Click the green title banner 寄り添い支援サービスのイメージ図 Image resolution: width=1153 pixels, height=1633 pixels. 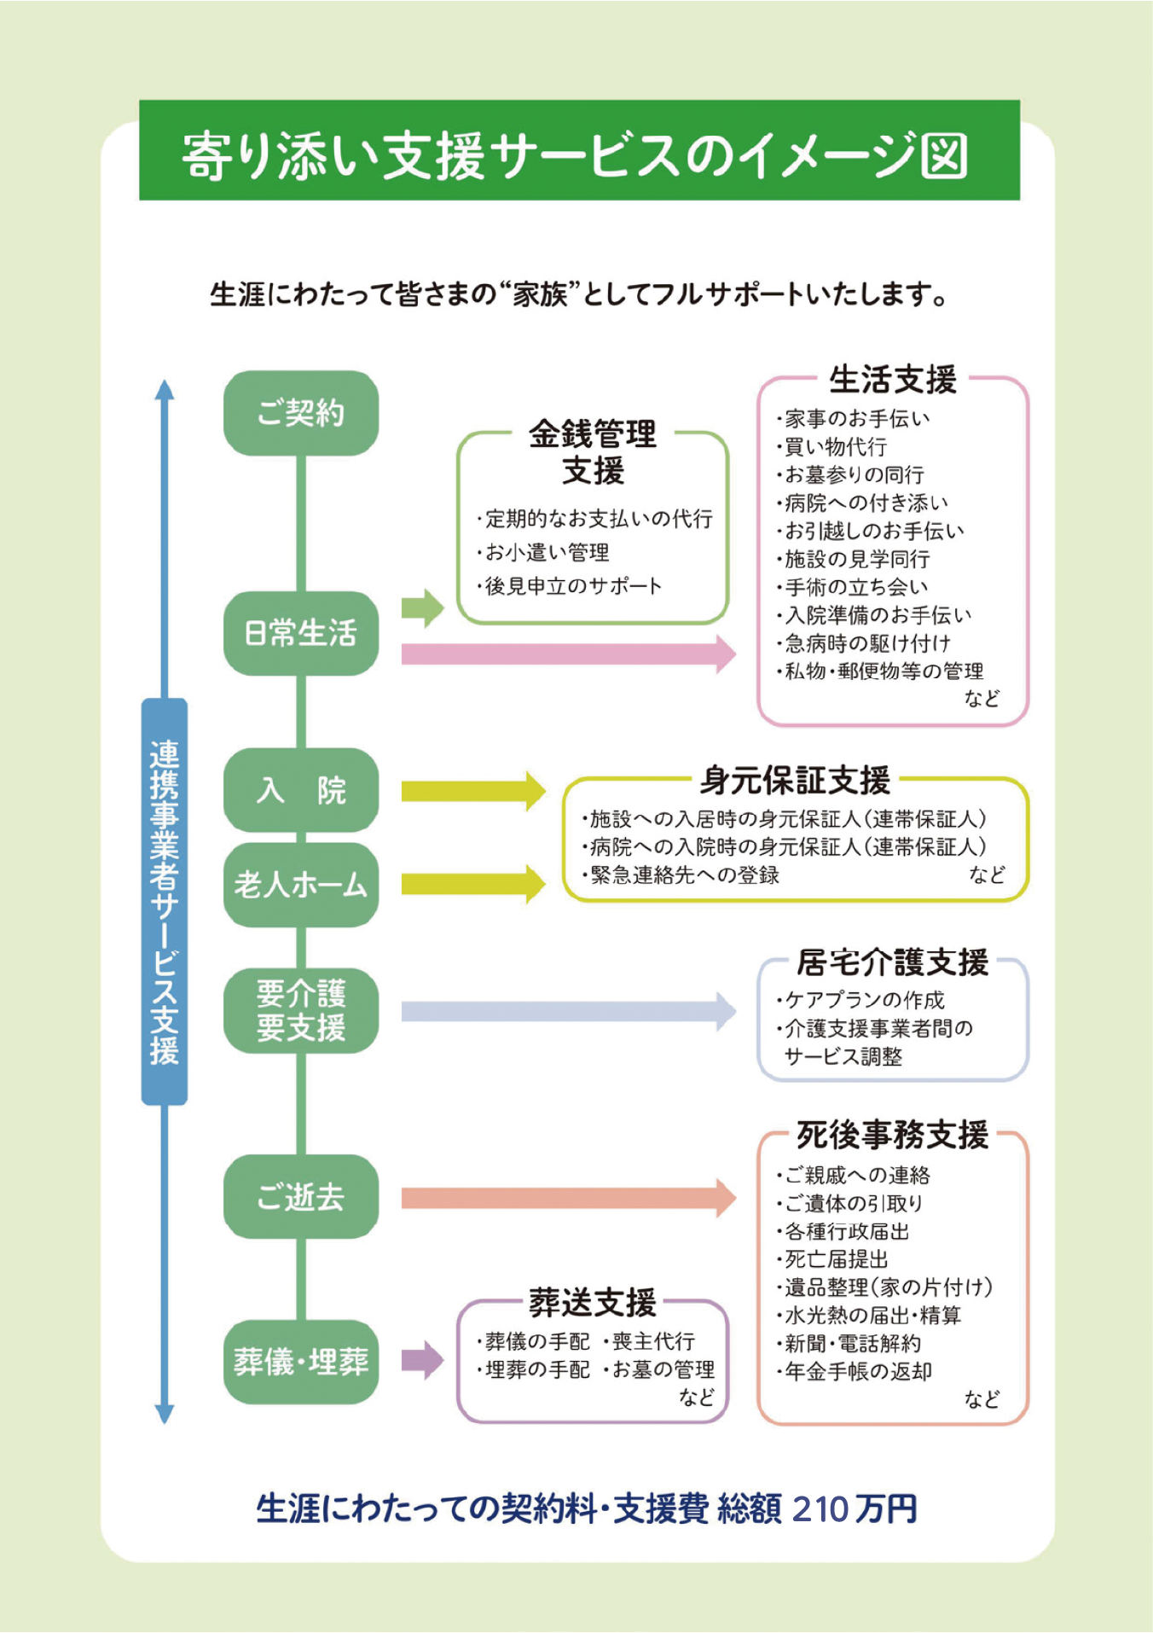pos(579,151)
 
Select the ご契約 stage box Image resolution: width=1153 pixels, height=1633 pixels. pos(301,413)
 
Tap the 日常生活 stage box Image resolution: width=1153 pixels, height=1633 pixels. pos(301,633)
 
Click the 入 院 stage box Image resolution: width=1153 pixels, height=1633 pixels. pos(301,790)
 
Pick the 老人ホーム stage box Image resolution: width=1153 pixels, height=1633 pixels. pos(301,885)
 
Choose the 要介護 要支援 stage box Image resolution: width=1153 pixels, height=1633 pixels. pos(301,1010)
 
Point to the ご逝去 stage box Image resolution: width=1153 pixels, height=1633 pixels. pos(301,1196)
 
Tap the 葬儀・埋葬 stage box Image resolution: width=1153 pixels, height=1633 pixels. pos(301,1361)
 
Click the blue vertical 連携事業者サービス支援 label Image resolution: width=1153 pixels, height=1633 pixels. pos(164,901)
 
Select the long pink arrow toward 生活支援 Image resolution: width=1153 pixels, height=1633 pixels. pos(567,654)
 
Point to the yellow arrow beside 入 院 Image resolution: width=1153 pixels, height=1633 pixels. pos(472,791)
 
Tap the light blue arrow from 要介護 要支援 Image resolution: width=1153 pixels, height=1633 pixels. pos(567,1011)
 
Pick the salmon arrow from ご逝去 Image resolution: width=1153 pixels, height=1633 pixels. pos(567,1198)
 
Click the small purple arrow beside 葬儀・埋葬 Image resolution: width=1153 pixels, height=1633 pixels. pos(422,1360)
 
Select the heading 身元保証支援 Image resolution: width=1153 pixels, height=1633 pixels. pos(795,780)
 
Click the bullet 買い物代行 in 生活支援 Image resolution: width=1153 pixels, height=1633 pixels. pos(835,446)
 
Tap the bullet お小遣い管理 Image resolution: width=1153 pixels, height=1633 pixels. pos(547,553)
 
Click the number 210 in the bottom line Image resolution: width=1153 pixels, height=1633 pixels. pos(820,1509)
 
